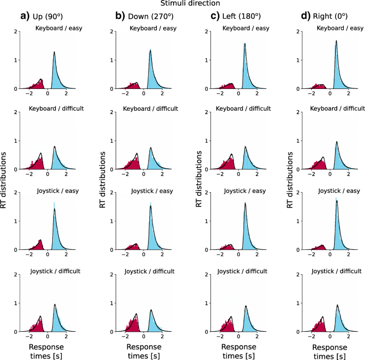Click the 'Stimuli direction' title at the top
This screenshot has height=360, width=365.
(x=182, y=5)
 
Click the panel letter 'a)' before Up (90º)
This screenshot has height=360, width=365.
(x=25, y=15)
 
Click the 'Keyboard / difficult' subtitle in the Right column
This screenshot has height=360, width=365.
(x=336, y=109)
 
